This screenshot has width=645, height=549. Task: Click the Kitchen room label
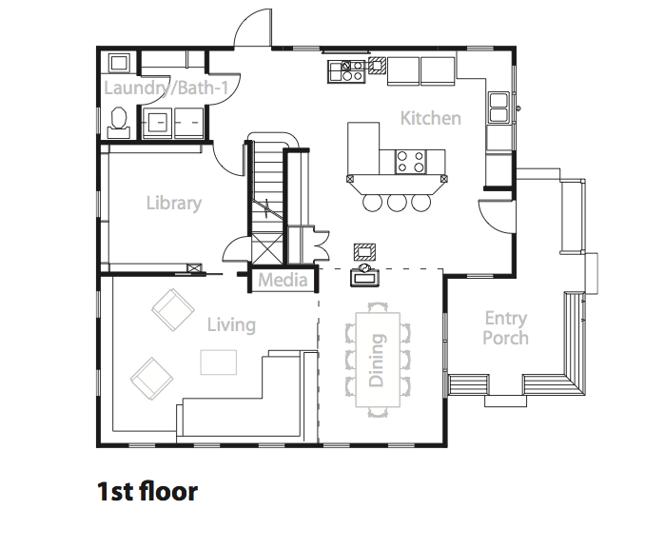(430, 119)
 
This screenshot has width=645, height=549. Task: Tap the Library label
(174, 204)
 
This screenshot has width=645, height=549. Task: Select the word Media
(283, 281)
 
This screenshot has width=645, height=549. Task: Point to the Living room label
(231, 325)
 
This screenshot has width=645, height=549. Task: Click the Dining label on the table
(377, 360)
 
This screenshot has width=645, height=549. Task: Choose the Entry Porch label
(505, 328)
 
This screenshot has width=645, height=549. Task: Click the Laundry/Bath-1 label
(166, 88)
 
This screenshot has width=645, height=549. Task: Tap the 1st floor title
(147, 491)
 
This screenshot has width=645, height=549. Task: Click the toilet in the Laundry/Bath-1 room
(119, 122)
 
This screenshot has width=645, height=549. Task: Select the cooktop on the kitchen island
(410, 162)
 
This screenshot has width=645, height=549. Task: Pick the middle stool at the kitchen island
(397, 203)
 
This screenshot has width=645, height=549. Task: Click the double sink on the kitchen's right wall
(498, 108)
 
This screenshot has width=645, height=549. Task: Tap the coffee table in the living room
(219, 363)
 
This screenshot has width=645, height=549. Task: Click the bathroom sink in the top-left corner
(119, 63)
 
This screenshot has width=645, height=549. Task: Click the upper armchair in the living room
(173, 309)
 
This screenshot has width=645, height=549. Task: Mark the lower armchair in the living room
(152, 378)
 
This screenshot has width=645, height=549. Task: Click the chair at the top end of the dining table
(378, 306)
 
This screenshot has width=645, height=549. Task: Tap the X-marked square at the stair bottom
(267, 248)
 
